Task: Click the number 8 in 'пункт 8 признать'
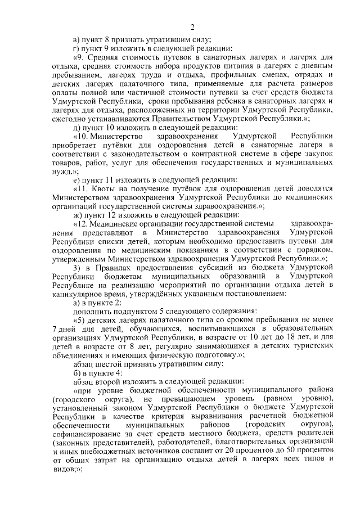coord(108,39)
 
